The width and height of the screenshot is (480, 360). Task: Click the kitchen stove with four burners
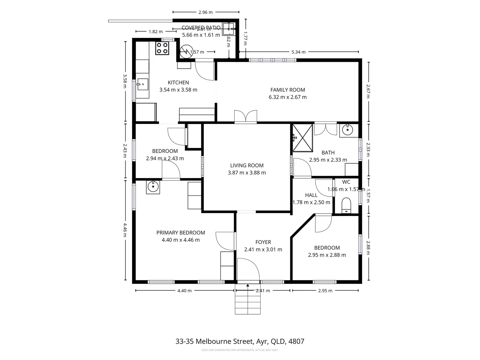click(162, 48)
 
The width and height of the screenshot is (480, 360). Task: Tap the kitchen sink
click(142, 84)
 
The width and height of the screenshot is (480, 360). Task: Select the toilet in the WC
click(347, 205)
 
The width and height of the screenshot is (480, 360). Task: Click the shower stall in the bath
click(303, 137)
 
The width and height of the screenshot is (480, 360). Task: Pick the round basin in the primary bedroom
click(153, 187)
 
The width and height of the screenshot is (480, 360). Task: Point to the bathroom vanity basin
click(347, 129)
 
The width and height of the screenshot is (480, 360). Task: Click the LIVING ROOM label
click(247, 165)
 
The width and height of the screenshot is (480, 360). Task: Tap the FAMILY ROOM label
click(287, 90)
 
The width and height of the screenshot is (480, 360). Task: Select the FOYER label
click(263, 242)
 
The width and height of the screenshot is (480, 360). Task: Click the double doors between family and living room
click(246, 117)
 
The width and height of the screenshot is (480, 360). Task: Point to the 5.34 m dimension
click(298, 52)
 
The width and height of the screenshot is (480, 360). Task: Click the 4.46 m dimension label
click(125, 230)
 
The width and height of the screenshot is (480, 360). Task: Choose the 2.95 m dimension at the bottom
click(325, 291)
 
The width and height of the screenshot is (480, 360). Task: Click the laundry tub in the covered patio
click(228, 29)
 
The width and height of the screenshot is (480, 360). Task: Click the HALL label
click(311, 195)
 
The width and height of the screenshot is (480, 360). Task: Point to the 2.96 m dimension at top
click(205, 12)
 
